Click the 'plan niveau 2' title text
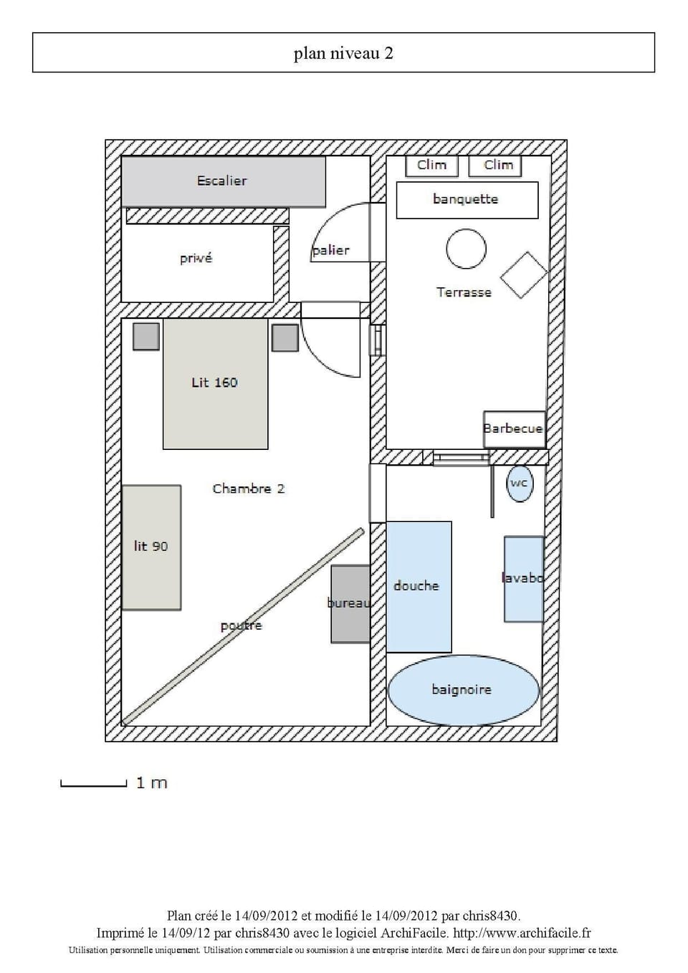pos(343,54)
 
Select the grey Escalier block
pos(223,181)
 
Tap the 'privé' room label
pos(196,259)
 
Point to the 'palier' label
pos(331,250)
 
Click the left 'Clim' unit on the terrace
pos(431,166)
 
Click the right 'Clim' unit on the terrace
pos(495,166)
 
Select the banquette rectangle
pos(467,200)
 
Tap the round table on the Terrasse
pos(466,249)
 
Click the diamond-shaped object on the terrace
pos(524,274)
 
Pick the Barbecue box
pos(514,428)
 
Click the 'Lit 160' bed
pos(215,383)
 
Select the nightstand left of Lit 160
pos(146,336)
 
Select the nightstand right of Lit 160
pos(285,337)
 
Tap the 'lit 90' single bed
pos(151,547)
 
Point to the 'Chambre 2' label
pos(248,489)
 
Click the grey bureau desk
pos(350,603)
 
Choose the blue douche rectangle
pos(419,586)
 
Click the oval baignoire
pos(462,689)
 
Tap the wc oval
pos(519,484)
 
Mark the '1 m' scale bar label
pos(151,782)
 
